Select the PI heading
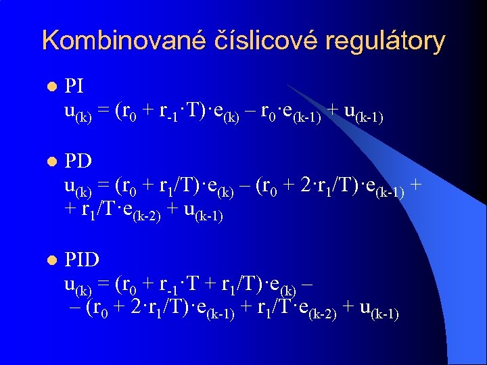pyautogui.click(x=74, y=86)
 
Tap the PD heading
pyautogui.click(x=78, y=164)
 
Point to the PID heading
pyautogui.click(x=82, y=260)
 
